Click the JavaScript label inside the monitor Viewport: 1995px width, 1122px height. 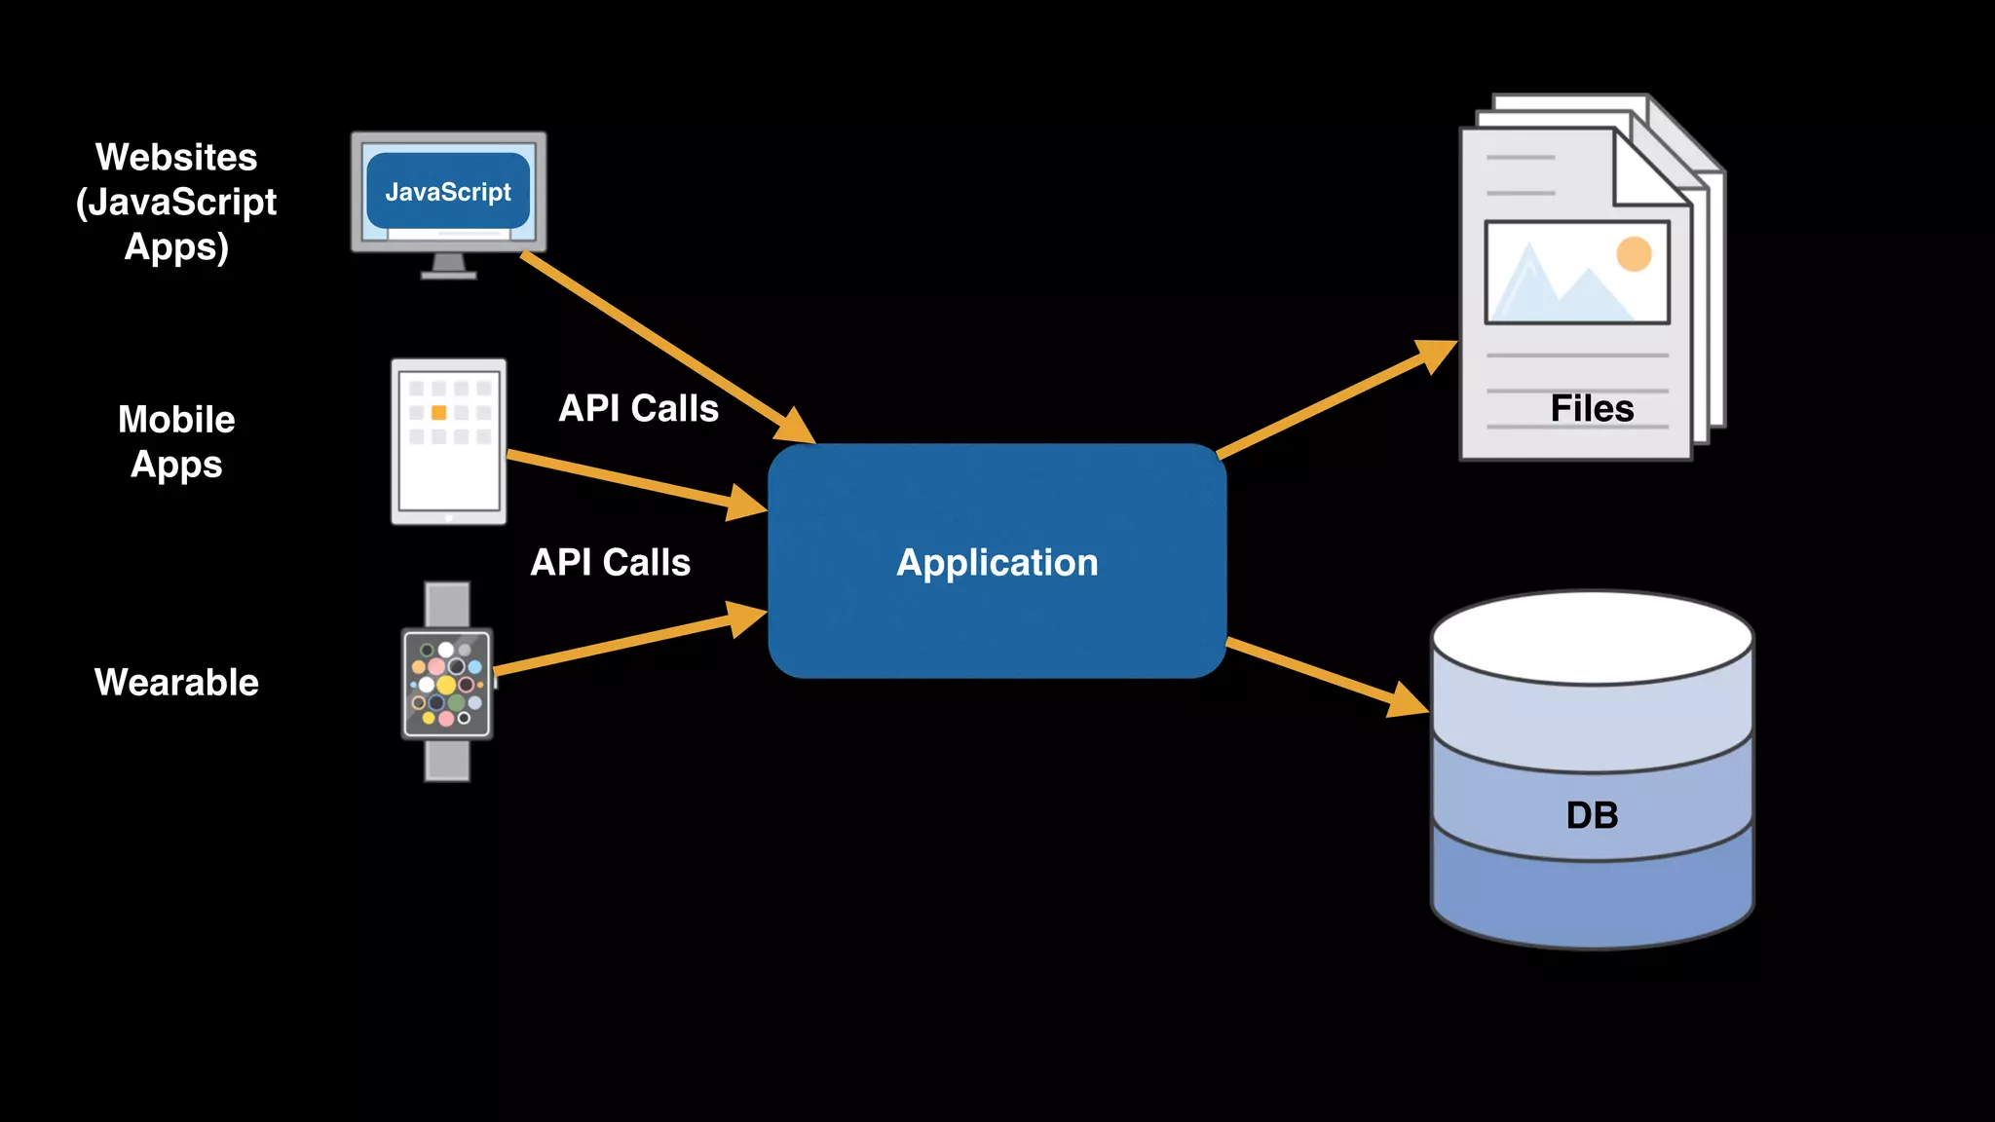pos(448,192)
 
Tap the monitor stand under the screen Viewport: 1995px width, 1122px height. pos(448,266)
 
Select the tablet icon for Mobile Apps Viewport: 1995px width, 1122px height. pos(449,442)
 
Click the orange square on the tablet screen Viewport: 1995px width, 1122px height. pos(439,413)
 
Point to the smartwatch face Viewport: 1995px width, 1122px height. pos(447,684)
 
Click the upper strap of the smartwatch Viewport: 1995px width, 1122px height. pos(447,605)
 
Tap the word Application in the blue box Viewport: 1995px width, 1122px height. pos(997,563)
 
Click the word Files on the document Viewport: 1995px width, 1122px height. pos(1592,408)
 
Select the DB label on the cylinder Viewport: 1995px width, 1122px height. pos(1592,815)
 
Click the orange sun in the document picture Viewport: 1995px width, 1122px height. pos(1634,254)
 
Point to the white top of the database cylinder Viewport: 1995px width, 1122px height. pos(1592,638)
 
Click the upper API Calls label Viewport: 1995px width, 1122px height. pos(638,408)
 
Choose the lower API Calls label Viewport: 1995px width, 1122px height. pos(611,562)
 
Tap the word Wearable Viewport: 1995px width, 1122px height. pos(176,682)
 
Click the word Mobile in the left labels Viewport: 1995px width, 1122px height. pos(176,420)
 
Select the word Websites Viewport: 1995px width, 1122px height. pos(176,157)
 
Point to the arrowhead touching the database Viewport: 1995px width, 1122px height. pos(1409,699)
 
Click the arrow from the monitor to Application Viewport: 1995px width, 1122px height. pos(668,349)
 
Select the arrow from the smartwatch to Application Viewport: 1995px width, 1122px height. pos(631,637)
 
